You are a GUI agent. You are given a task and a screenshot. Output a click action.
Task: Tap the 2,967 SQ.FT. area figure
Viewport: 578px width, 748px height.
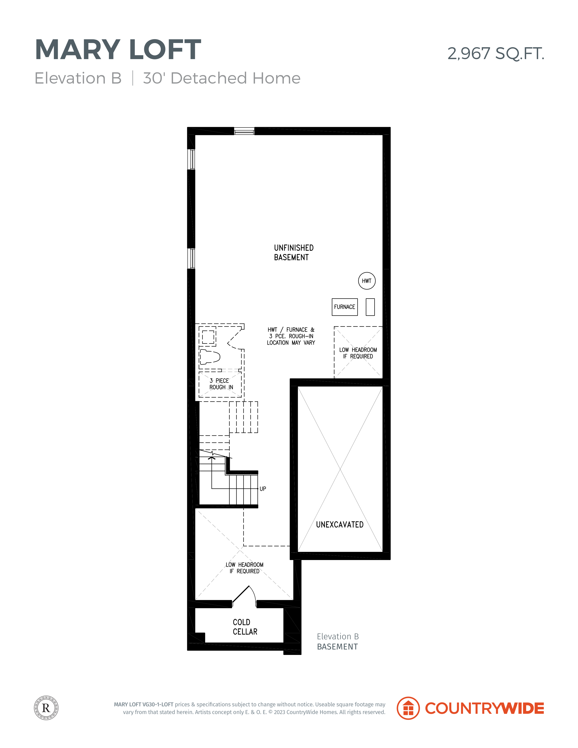[x=496, y=53]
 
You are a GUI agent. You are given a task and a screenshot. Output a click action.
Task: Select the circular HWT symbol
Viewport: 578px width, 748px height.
[x=367, y=281]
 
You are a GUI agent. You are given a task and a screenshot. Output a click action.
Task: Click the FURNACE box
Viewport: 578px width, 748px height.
[x=345, y=307]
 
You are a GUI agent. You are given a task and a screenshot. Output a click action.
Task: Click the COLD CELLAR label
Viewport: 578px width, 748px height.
[x=245, y=627]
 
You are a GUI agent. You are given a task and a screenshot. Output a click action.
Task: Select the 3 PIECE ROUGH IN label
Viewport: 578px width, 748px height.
[x=221, y=384]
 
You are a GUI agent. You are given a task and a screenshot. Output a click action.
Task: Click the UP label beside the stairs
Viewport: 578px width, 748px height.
[x=263, y=489]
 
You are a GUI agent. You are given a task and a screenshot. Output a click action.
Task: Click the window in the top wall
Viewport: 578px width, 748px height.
[x=244, y=131]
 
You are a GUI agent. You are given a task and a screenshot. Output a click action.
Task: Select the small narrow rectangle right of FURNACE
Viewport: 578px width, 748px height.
[x=370, y=307]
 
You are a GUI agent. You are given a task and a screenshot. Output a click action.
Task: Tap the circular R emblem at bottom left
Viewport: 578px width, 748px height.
[x=46, y=708]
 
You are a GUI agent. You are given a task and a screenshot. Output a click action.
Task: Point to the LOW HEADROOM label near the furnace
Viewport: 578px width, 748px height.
[x=358, y=353]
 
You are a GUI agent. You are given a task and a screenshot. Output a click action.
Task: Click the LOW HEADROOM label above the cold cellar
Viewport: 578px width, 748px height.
[x=245, y=568]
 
